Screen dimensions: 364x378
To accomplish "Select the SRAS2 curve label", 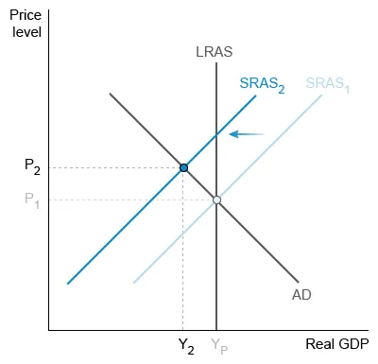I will (x=262, y=83).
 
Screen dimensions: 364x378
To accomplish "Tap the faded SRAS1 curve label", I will (x=327, y=83).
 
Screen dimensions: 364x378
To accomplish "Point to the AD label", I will (x=301, y=295).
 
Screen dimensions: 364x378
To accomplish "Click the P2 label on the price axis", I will (x=32, y=166).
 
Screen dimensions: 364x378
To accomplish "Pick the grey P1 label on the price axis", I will (x=32, y=199).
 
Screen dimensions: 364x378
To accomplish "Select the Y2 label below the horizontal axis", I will (x=186, y=347).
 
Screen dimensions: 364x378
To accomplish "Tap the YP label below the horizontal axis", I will (x=218, y=347).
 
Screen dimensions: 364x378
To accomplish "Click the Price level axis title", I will (x=26, y=25).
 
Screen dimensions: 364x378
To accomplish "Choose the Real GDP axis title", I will (x=336, y=343).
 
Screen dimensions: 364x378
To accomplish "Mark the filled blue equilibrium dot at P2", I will (x=183, y=167).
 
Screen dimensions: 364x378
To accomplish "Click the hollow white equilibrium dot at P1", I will (x=216, y=199).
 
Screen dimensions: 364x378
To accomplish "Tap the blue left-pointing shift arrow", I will (x=247, y=134).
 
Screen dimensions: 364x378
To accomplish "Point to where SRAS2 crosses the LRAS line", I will (x=216, y=135).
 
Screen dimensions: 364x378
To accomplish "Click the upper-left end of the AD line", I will (x=111, y=94).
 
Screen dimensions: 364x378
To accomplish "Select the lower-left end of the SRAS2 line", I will (x=68, y=283).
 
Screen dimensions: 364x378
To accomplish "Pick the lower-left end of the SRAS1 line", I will (x=134, y=283).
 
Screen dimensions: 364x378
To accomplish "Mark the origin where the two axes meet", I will (x=48, y=330).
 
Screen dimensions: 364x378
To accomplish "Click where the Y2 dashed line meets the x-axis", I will (x=183, y=330).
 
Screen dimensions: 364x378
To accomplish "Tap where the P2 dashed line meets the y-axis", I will (x=48, y=167).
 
